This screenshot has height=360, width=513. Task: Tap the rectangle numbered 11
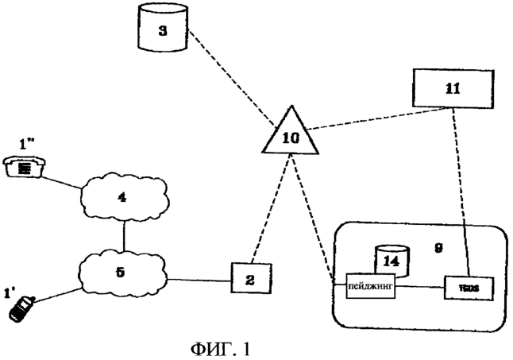point(450,88)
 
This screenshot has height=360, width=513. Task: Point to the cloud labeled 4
point(122,195)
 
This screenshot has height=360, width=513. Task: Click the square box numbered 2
point(249,279)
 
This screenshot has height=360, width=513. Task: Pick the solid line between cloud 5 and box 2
point(199,278)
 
